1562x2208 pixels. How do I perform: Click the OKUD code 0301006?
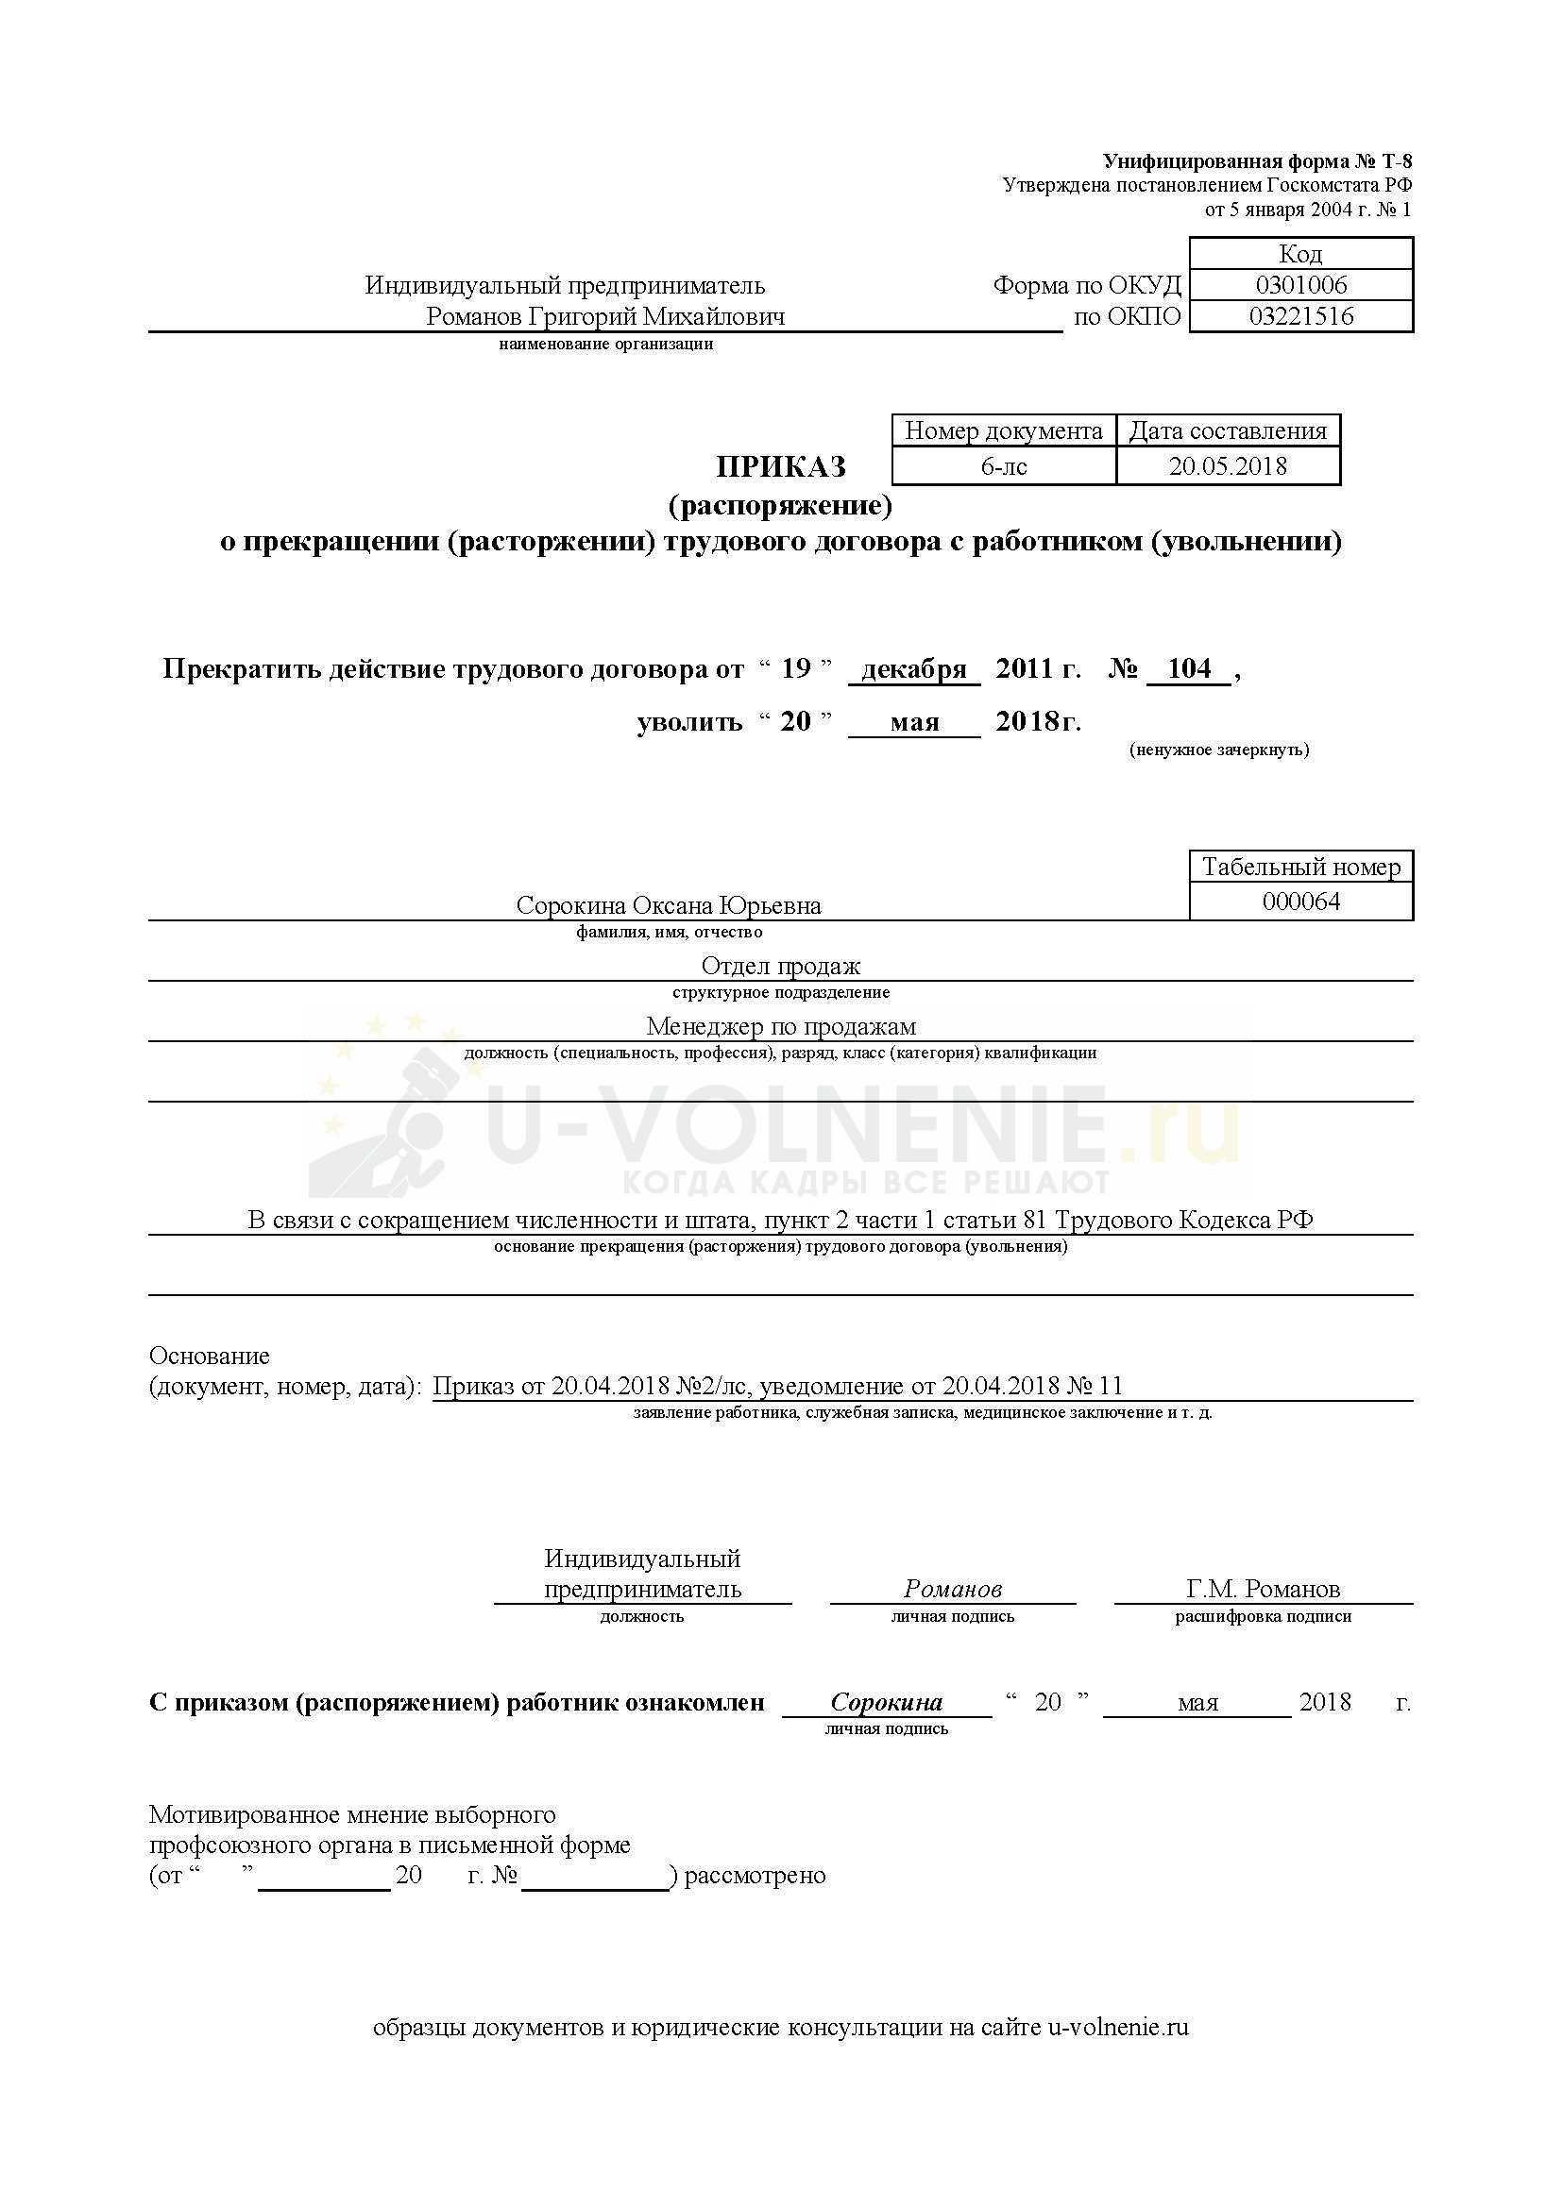click(1300, 285)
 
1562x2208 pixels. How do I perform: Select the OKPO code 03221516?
click(1300, 316)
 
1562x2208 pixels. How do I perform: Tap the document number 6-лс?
click(1003, 466)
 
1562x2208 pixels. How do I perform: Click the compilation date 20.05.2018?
click(1228, 466)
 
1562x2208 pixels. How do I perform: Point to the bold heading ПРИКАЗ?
click(780, 466)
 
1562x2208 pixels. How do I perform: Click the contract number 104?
click(1189, 668)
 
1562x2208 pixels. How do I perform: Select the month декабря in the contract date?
click(914, 669)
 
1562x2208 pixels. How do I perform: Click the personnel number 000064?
click(1300, 902)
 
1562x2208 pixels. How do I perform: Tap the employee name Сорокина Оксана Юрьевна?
click(669, 906)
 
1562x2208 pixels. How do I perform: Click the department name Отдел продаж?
click(780, 966)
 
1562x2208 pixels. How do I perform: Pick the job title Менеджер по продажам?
click(780, 1026)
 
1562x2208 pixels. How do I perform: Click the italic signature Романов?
click(952, 1589)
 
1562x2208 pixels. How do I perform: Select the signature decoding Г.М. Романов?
click(1263, 1589)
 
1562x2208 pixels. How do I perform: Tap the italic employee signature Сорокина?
click(886, 1702)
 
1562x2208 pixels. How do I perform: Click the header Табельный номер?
click(1300, 867)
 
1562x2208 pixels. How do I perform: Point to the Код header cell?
click(1300, 254)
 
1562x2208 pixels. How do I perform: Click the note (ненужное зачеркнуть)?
click(1218, 750)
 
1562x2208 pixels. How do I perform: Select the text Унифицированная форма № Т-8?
click(1257, 161)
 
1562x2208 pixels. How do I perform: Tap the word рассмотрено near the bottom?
click(756, 1876)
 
